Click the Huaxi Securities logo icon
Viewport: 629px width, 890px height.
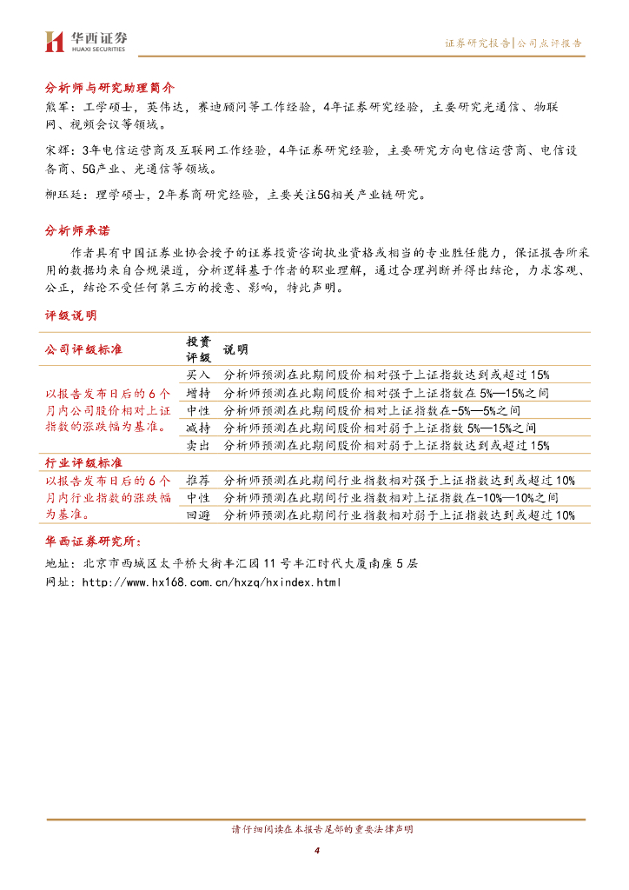pyautogui.click(x=55, y=41)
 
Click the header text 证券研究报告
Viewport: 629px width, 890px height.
pyautogui.click(x=477, y=43)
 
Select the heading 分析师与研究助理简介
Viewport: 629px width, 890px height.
pyautogui.click(x=110, y=88)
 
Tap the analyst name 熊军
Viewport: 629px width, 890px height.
pyautogui.click(x=56, y=106)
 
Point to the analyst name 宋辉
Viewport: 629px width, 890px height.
pyautogui.click(x=56, y=151)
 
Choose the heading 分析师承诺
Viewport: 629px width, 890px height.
pyautogui.click(x=77, y=231)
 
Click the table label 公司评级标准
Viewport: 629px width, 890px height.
pyautogui.click(x=83, y=349)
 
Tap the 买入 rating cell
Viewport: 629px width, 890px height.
pyautogui.click(x=198, y=375)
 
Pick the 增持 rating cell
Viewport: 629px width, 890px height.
pyautogui.click(x=198, y=393)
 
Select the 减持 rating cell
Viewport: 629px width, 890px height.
pyautogui.click(x=198, y=428)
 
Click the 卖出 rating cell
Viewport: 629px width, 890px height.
pyautogui.click(x=198, y=445)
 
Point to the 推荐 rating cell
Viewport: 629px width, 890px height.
pyautogui.click(x=198, y=481)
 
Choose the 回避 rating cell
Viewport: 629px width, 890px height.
pyautogui.click(x=198, y=515)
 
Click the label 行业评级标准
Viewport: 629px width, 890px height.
pyautogui.click(x=83, y=462)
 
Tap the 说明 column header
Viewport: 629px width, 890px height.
pyautogui.click(x=235, y=349)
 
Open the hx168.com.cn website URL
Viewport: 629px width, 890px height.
pyautogui.click(x=211, y=581)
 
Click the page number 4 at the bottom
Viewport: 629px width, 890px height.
pyautogui.click(x=317, y=849)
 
